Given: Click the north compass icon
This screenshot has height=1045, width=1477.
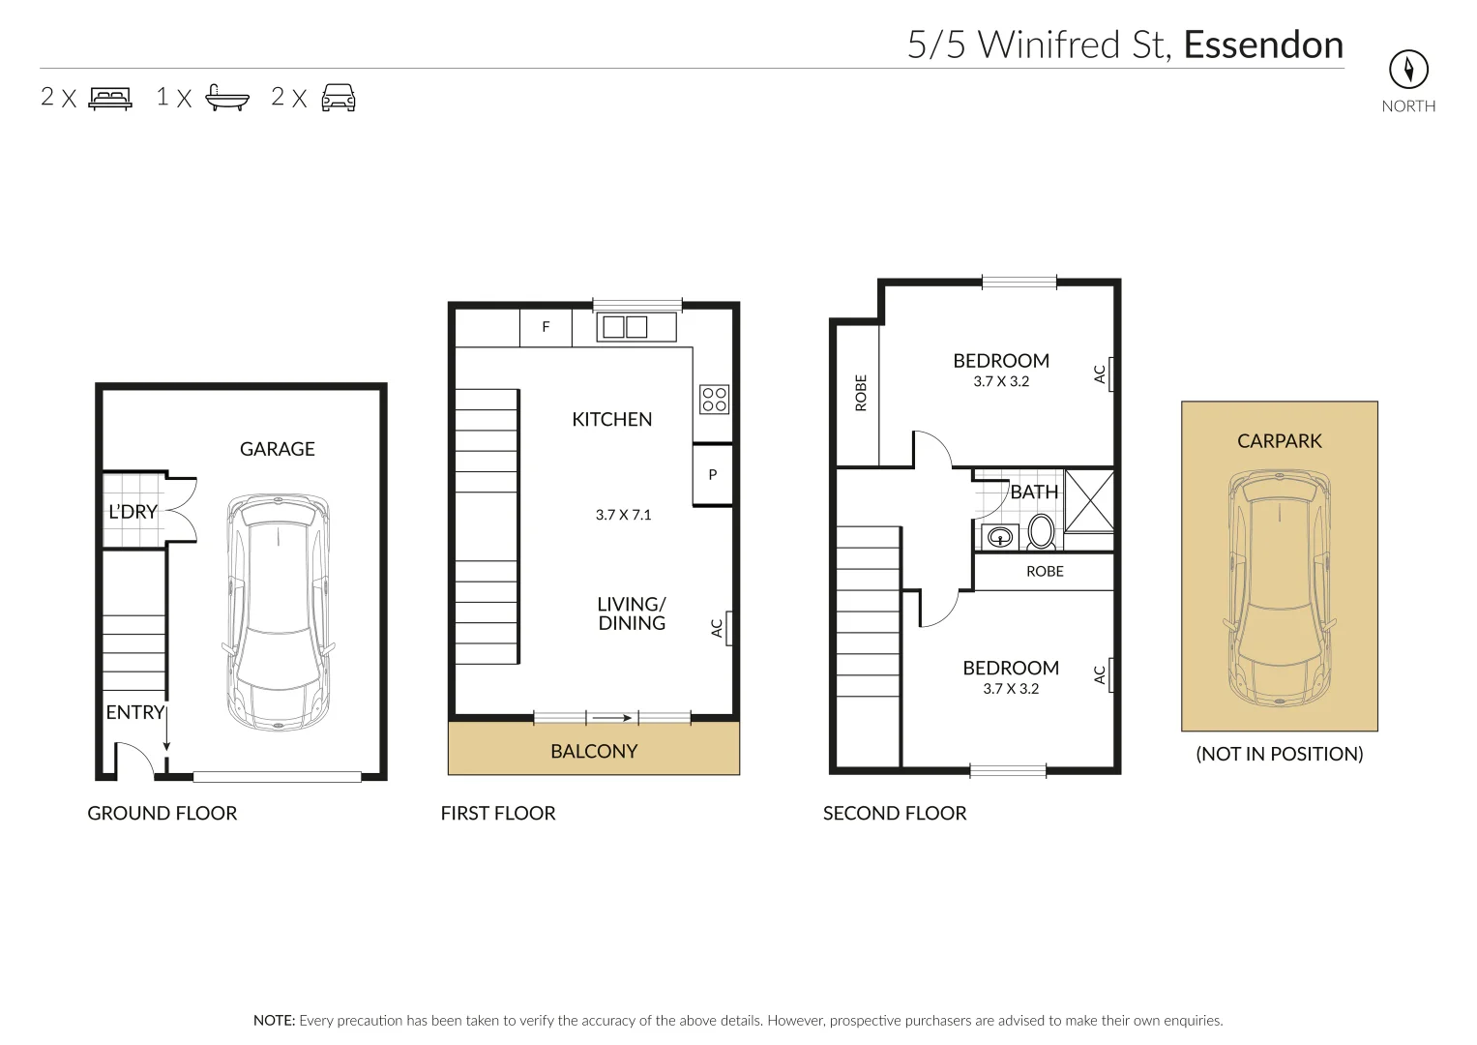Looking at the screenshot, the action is click(x=1408, y=70).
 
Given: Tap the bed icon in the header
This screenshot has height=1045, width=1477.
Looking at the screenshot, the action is click(x=110, y=99).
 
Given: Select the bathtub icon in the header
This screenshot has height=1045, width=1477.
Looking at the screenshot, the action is click(x=227, y=98).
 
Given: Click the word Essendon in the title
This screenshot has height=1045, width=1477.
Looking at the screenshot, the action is click(x=1263, y=45).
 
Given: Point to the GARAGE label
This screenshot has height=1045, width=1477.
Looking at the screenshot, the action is click(x=277, y=449).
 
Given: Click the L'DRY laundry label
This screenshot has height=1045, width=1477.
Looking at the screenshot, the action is click(x=133, y=511).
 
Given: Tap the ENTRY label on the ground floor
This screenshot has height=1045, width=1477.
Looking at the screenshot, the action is click(x=135, y=712).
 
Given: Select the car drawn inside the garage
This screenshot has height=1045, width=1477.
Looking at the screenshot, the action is click(x=279, y=612).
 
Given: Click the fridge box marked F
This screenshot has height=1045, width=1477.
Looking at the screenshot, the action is click(x=546, y=327).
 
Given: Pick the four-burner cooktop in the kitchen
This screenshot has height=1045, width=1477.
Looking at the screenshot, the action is click(x=714, y=400).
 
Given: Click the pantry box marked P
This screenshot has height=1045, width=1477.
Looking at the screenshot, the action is click(x=712, y=474).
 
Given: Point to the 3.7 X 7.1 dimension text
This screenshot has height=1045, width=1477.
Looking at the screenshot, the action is click(x=623, y=515).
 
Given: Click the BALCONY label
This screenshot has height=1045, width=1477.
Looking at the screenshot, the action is click(x=594, y=751).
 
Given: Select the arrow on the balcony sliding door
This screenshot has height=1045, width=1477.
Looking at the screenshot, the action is click(x=612, y=718).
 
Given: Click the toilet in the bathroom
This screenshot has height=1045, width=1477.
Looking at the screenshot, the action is click(x=1041, y=532).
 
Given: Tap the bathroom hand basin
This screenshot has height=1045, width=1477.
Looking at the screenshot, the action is click(x=999, y=538).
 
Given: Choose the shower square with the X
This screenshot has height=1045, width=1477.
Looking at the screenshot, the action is click(x=1089, y=500).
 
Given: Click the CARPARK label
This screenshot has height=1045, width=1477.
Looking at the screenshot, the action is click(x=1279, y=440).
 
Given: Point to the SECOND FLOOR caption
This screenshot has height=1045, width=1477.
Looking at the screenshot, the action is click(x=894, y=813).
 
